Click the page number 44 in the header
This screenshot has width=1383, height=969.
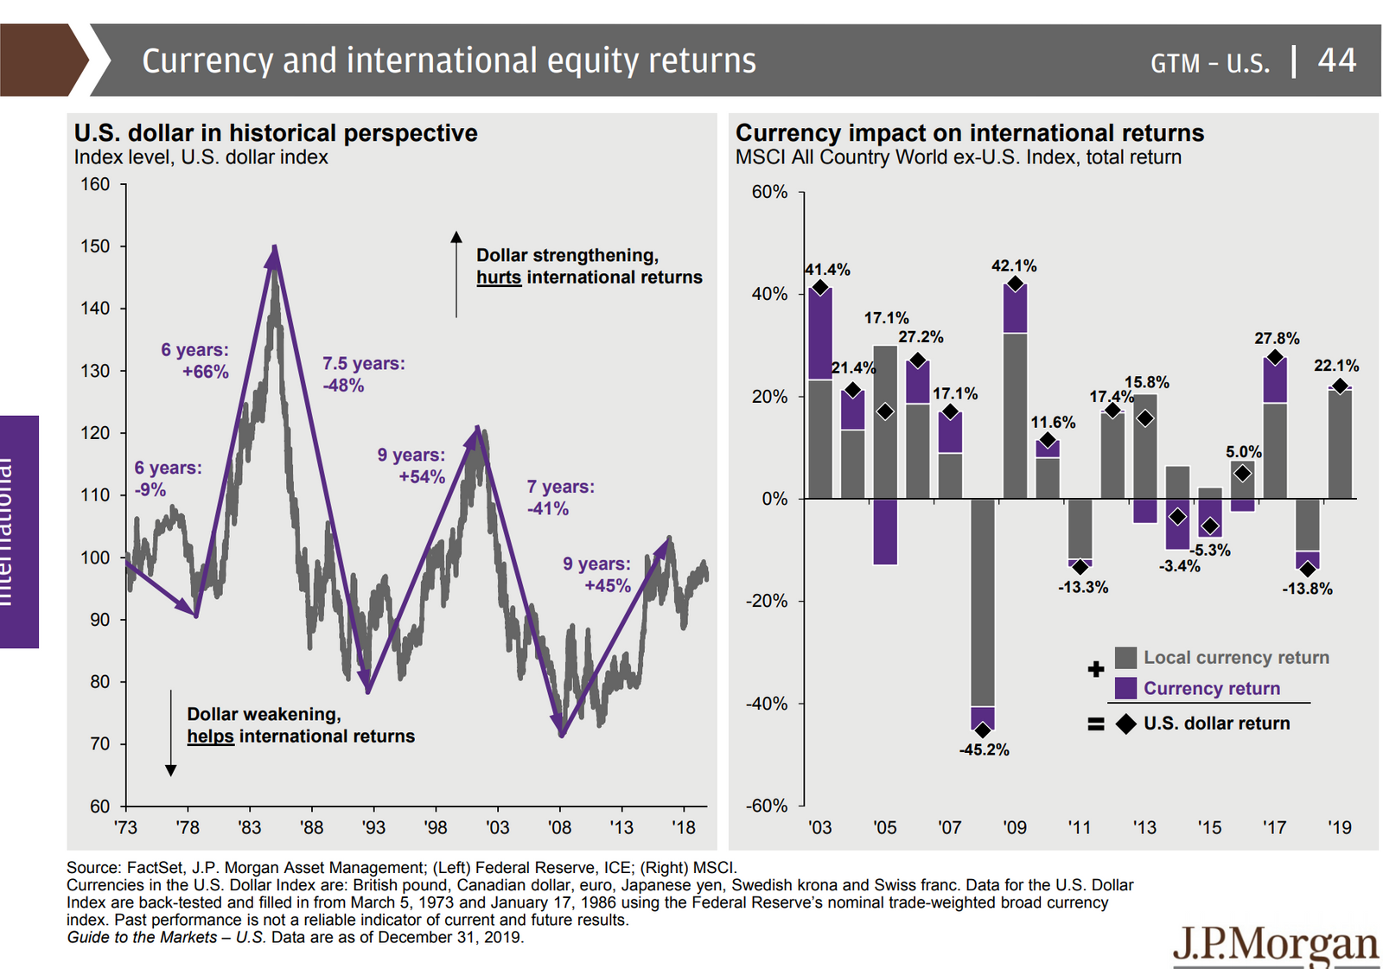1336,61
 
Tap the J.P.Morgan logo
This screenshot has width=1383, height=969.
1276,946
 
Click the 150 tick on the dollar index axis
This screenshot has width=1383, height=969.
95,246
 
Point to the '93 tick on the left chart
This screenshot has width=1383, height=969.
373,827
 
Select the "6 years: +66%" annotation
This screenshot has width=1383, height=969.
195,360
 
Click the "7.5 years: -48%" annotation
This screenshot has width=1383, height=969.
363,374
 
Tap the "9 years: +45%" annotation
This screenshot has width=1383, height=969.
596,575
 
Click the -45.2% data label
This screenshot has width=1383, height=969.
984,749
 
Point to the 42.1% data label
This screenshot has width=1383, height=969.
1014,266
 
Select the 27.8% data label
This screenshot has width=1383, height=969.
1277,338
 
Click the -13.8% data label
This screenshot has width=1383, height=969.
1307,589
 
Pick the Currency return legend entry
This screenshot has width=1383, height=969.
1211,688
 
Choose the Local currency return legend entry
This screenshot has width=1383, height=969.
1235,657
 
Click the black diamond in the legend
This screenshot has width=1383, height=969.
1125,724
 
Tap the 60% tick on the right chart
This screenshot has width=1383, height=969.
769,192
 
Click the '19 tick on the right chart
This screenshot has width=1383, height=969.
1339,827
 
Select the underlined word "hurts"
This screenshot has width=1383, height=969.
499,277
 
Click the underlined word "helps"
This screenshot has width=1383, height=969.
210,736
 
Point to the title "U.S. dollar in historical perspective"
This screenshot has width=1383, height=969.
276,133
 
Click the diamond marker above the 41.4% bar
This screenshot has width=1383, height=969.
820,288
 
